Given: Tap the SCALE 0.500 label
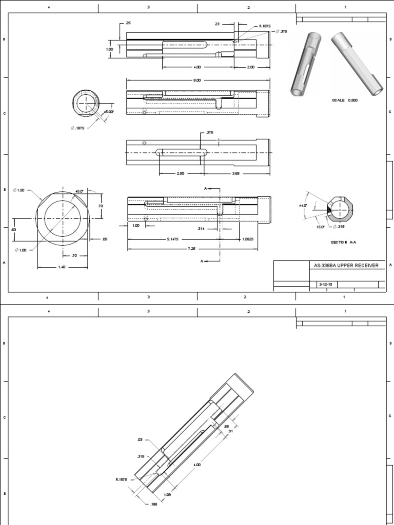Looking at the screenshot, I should coord(345,100).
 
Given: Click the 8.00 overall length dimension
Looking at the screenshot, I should coord(197,80).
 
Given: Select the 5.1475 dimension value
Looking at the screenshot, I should coord(173,239).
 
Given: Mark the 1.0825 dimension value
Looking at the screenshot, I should coord(248,239).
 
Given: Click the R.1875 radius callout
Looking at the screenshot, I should coord(265,25).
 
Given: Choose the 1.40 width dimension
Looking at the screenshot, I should coord(63,267).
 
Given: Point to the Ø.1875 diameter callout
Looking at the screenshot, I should coord(77,128).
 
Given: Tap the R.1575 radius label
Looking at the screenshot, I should coord(122,479).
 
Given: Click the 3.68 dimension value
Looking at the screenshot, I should coord(235,173).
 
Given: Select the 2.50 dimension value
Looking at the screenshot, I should coord(180,173).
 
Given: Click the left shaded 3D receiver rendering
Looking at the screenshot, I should coord(305,64).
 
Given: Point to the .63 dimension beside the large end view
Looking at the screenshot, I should coord(14,229).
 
